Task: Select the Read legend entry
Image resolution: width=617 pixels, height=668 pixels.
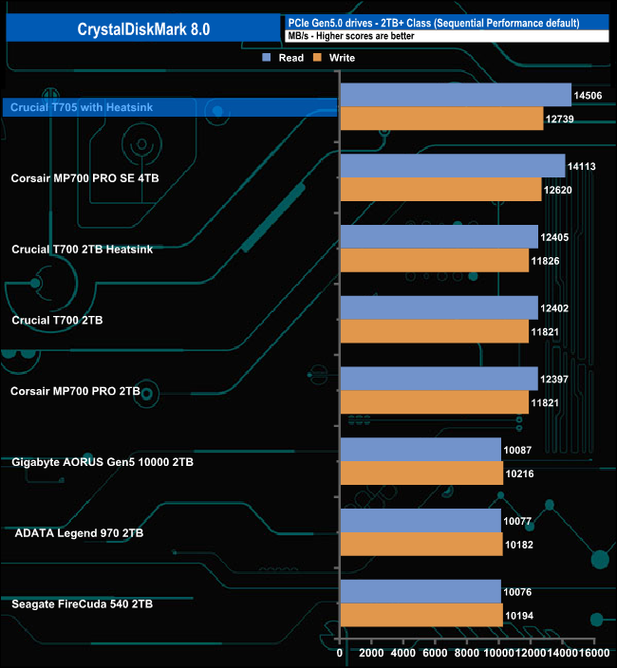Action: click(x=284, y=58)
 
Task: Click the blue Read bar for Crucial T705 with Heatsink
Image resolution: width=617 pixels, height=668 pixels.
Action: click(x=455, y=95)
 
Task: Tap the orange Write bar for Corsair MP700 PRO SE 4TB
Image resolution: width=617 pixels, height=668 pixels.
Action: click(x=439, y=189)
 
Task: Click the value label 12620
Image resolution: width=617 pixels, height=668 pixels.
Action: click(x=558, y=189)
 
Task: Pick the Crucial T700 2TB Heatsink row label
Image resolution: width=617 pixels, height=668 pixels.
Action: click(x=82, y=250)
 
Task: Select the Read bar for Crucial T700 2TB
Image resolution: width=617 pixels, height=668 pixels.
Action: click(x=439, y=307)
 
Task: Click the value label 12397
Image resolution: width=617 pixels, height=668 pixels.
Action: click(x=555, y=379)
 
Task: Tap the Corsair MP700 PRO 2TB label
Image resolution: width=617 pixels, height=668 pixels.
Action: click(x=75, y=391)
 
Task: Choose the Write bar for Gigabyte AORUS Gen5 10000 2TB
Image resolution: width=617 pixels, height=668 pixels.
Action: click(x=421, y=473)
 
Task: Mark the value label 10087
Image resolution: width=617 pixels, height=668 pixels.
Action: click(x=518, y=450)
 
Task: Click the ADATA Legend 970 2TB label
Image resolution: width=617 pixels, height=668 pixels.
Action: click(x=80, y=533)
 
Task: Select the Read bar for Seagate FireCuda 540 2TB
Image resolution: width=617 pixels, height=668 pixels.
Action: click(x=420, y=591)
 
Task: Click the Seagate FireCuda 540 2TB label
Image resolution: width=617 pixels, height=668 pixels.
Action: click(x=83, y=603)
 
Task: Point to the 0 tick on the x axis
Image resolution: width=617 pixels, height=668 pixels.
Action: click(x=340, y=654)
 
